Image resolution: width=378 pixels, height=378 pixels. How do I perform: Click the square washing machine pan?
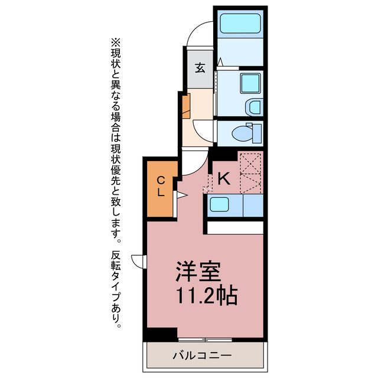coord(250,83)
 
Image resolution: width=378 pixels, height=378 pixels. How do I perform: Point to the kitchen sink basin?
coord(219,204)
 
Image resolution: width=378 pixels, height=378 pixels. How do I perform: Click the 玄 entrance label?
coord(200,68)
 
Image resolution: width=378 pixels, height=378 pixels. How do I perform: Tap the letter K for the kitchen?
coord(223,178)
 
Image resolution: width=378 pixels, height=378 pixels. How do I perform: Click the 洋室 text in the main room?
coord(197,271)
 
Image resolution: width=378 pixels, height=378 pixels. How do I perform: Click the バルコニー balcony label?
coord(202,356)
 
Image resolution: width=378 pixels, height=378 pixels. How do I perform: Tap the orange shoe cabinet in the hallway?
coord(186,106)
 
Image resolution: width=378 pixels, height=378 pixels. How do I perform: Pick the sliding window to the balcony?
coord(205,340)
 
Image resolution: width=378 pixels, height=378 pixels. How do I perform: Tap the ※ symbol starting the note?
coord(115,43)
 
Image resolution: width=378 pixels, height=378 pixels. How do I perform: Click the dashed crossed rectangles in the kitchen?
coord(250,172)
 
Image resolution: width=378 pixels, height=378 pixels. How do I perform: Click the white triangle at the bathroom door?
coord(219,62)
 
